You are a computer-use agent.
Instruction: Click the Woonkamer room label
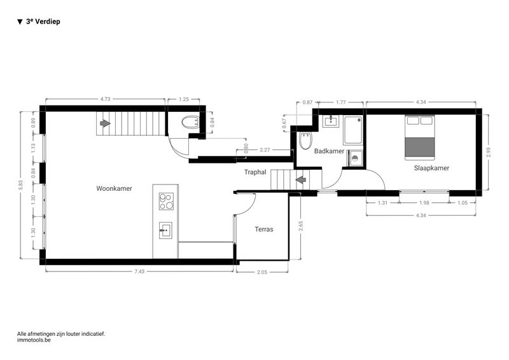(114, 189)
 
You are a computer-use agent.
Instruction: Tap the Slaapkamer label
(431, 168)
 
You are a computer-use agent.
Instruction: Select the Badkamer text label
(329, 151)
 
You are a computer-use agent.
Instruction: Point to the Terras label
(264, 229)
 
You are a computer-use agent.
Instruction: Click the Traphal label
(255, 172)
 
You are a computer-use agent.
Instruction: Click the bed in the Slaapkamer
(419, 137)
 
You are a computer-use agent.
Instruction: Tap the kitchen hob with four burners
(166, 201)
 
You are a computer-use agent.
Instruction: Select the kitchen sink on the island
(165, 230)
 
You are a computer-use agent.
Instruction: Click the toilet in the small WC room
(190, 123)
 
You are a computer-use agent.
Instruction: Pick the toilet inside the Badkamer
(305, 141)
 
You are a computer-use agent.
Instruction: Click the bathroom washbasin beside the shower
(331, 121)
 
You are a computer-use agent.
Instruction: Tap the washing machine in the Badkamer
(355, 158)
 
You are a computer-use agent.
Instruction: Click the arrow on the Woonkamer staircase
(105, 123)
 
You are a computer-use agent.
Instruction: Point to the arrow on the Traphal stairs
(301, 179)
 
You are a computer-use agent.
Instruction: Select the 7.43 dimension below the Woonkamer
(139, 272)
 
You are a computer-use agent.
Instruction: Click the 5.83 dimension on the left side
(21, 185)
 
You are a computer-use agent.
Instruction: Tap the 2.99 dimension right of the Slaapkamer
(489, 152)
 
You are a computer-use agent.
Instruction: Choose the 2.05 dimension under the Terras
(262, 272)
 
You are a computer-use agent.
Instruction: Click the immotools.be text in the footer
(34, 340)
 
